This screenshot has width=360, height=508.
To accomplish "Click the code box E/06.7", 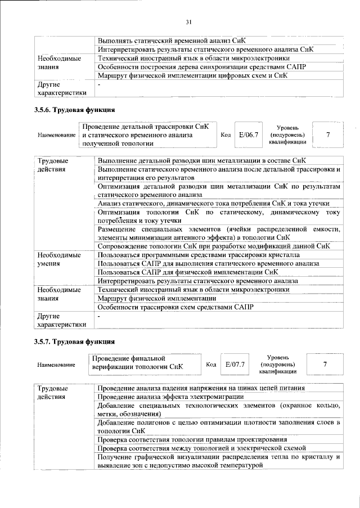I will pyautogui.click(x=248, y=135).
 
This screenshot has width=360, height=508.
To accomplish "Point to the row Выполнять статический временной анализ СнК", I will pyautogui.click(x=172, y=41).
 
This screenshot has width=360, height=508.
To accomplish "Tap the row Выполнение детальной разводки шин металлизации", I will pyautogui.click(x=202, y=161).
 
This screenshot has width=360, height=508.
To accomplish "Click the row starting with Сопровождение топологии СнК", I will pyautogui.click(x=214, y=246).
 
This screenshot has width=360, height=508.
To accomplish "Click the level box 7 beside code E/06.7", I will pyautogui.click(x=327, y=135).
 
